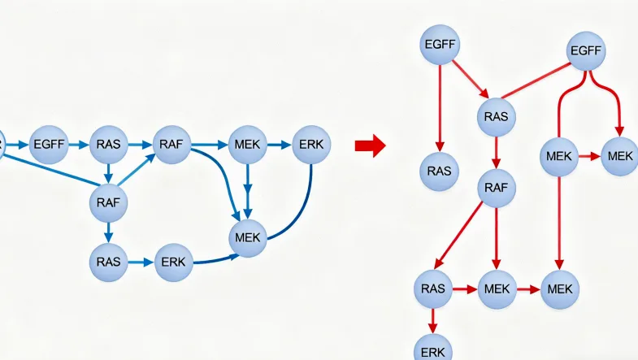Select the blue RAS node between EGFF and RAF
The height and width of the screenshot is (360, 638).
pyautogui.click(x=108, y=145)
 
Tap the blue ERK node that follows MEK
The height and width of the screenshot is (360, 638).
pyautogui.click(x=311, y=145)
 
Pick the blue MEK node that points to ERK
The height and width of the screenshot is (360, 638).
pyautogui.click(x=249, y=145)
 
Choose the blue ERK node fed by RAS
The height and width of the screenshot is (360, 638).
pyautogui.click(x=171, y=262)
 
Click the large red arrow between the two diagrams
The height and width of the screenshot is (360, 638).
pyautogui.click(x=370, y=146)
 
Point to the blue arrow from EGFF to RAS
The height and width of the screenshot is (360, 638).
pyautogui.click(x=78, y=145)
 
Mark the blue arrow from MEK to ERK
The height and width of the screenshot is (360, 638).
pyautogui.click(x=280, y=145)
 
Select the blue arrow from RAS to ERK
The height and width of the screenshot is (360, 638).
pyautogui.click(x=140, y=262)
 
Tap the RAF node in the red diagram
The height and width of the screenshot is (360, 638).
pyautogui.click(x=495, y=189)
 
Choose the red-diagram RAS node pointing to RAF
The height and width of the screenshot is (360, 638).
pyautogui.click(x=495, y=116)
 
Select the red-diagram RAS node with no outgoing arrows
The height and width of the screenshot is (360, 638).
pyautogui.click(x=439, y=171)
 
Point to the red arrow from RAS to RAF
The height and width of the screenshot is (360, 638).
pyautogui.click(x=495, y=153)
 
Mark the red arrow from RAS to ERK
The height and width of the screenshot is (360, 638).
pyautogui.click(x=432, y=319)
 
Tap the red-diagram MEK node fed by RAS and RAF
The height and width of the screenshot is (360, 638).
pyautogui.click(x=497, y=288)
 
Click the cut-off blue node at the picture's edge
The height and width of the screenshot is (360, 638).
pyautogui.click(x=2, y=145)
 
